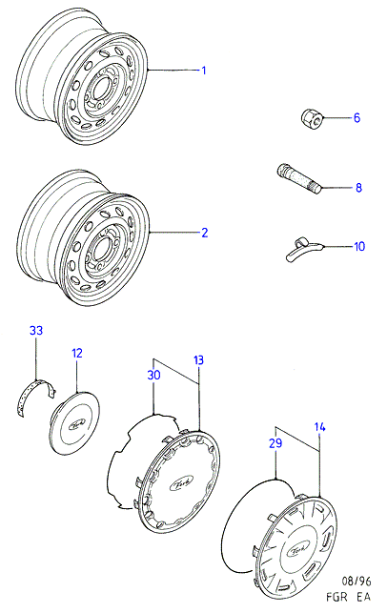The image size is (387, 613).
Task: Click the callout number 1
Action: (x=203, y=71)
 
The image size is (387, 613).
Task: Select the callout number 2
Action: (x=204, y=233)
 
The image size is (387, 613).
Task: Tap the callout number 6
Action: (x=356, y=117)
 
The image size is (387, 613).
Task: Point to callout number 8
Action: (x=358, y=188)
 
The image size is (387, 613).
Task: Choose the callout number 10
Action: (x=358, y=246)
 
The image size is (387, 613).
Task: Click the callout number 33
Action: (x=36, y=331)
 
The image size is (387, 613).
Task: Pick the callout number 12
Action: (x=77, y=353)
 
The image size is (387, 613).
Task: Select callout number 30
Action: (x=153, y=375)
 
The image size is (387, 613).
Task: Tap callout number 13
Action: (x=198, y=360)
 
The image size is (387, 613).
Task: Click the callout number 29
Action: (x=275, y=443)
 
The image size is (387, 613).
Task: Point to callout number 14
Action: (x=319, y=427)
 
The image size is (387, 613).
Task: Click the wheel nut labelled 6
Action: (x=312, y=117)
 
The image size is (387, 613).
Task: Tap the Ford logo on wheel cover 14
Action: (x=299, y=550)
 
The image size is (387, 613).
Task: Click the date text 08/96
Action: (x=356, y=582)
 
